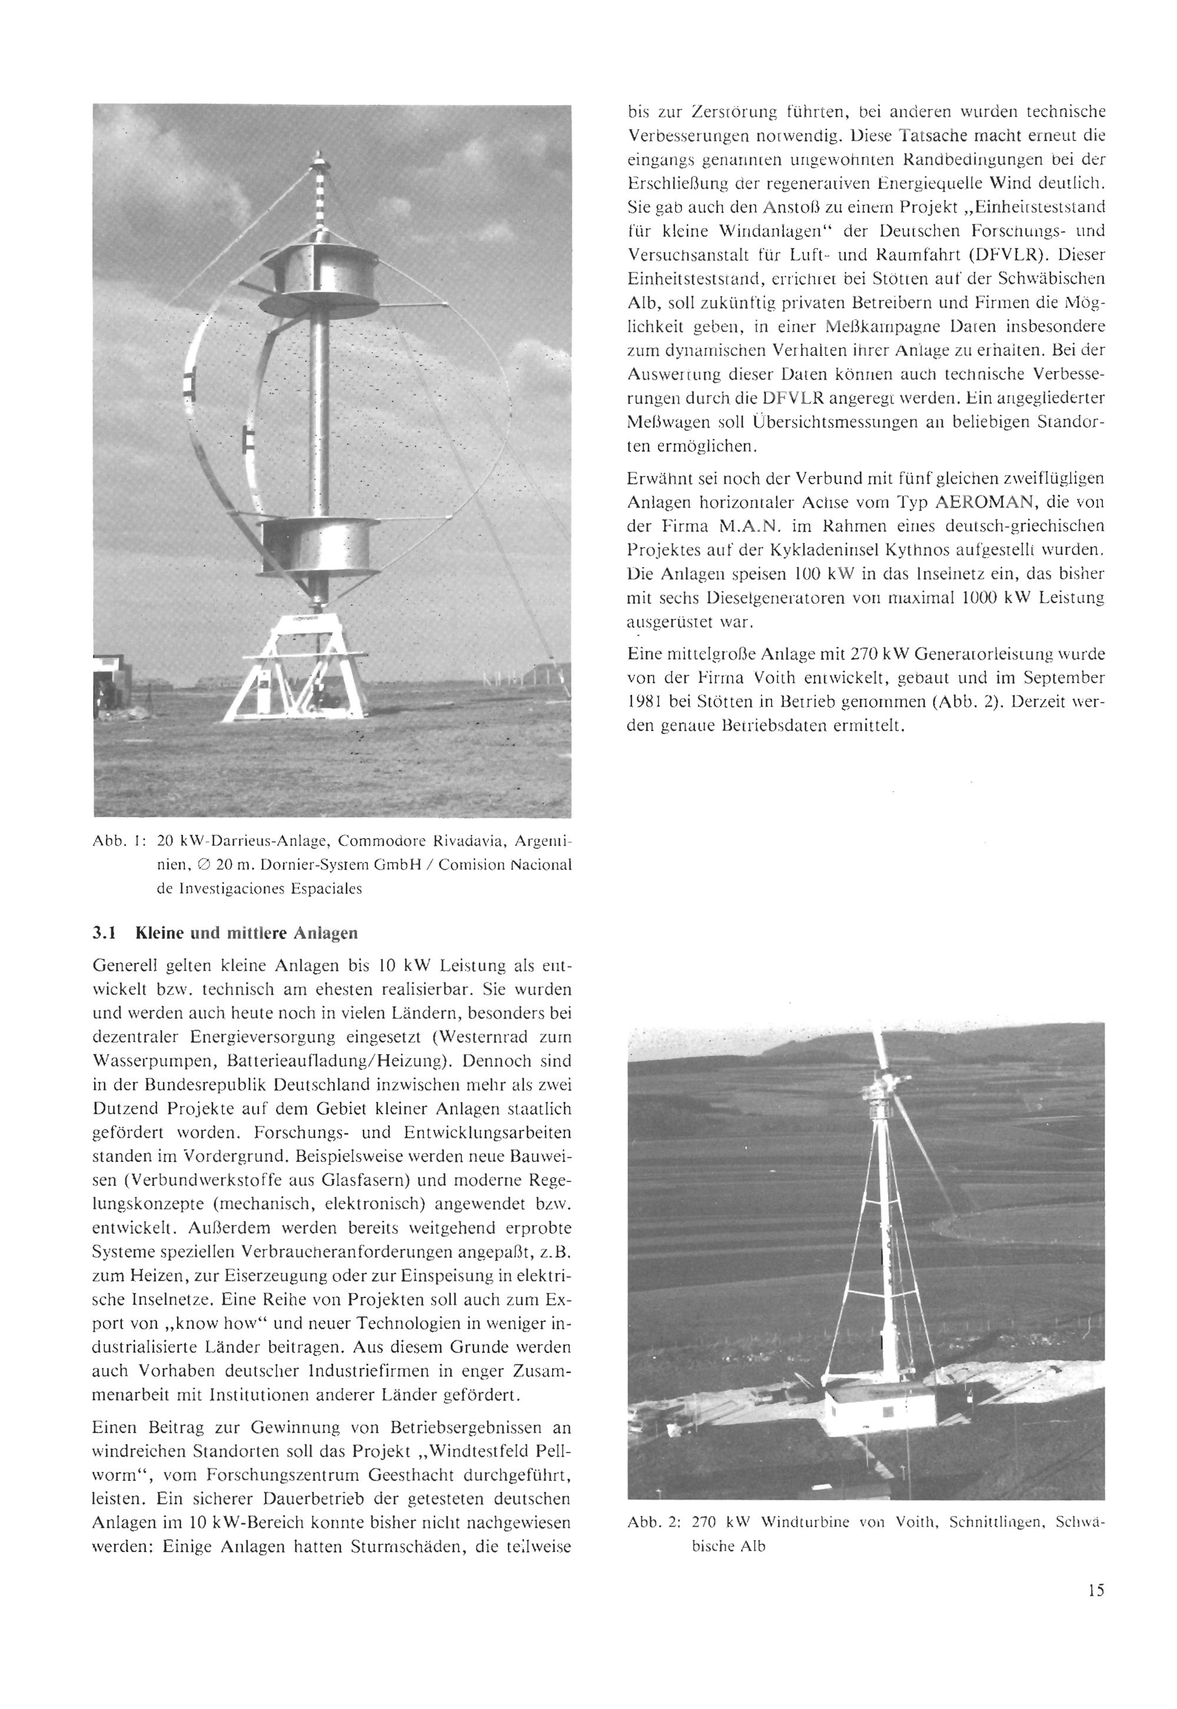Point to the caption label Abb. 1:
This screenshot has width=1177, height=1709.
[117, 841]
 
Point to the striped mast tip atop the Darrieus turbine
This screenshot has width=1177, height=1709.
[320, 191]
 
